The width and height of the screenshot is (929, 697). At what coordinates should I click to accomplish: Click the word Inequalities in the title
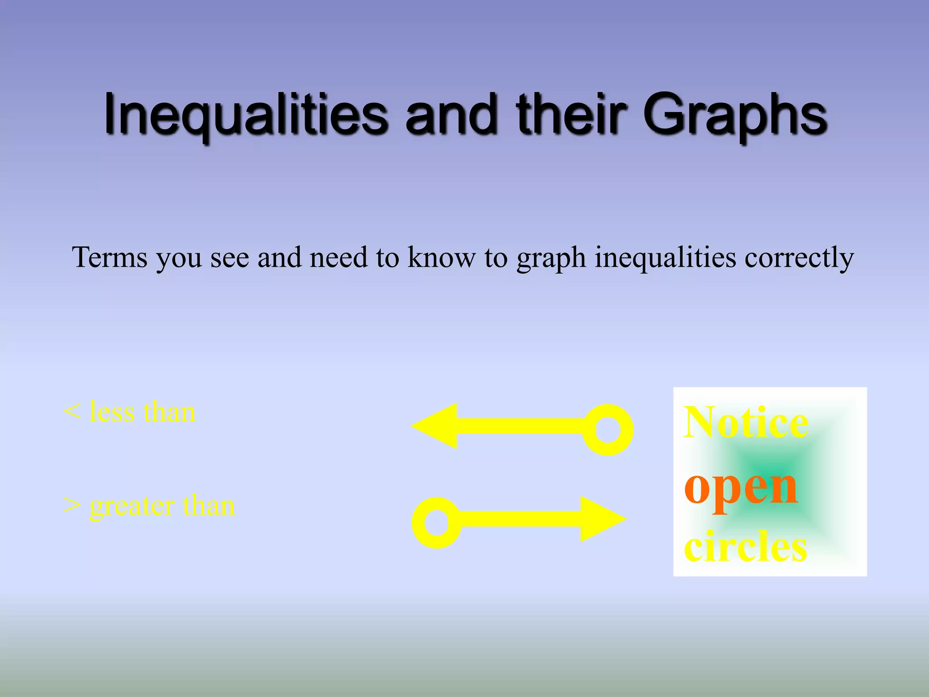click(245, 114)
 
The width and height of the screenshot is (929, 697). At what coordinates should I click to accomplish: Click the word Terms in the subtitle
click(110, 257)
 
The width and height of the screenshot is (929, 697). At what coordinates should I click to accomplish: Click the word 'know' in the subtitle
click(441, 257)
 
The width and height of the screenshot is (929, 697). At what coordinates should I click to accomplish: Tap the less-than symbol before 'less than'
click(72, 412)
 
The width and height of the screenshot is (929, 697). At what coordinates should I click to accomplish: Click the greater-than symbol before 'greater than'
click(72, 505)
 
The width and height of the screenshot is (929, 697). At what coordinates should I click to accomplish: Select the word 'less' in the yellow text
click(112, 412)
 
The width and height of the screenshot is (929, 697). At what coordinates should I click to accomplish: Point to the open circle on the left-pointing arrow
click(607, 429)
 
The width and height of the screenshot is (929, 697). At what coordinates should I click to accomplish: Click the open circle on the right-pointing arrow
click(436, 523)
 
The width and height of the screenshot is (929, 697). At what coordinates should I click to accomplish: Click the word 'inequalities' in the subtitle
click(665, 257)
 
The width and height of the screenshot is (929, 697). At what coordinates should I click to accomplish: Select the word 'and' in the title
click(451, 114)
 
